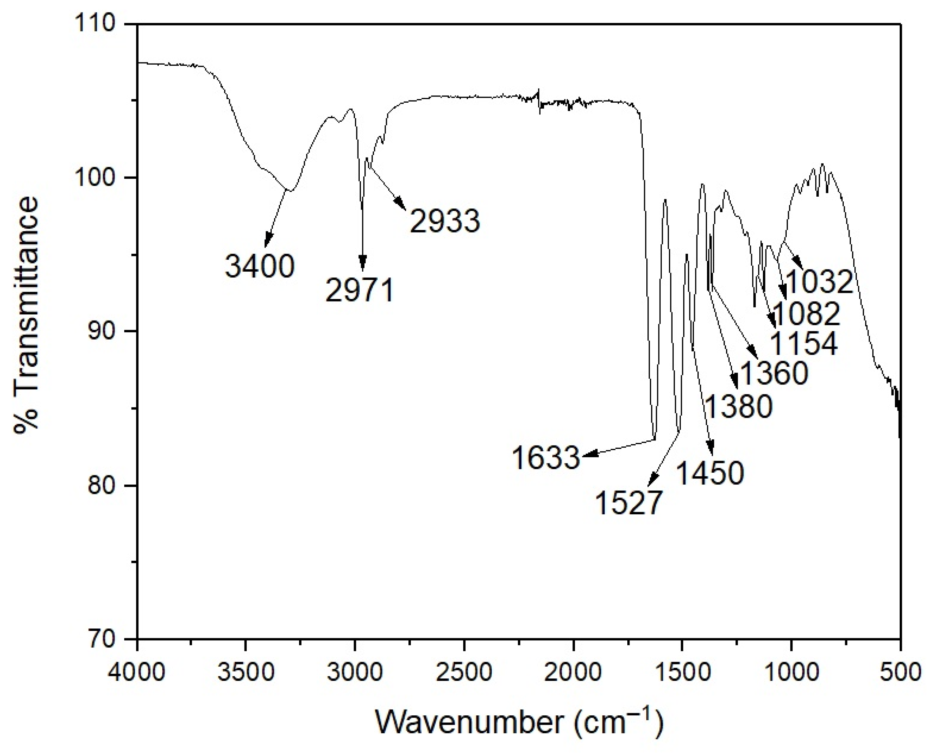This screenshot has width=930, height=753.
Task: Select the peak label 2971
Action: point(360,291)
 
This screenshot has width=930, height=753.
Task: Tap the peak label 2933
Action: point(445,221)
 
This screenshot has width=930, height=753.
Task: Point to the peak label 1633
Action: point(545,458)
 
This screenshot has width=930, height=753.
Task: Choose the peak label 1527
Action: point(629,503)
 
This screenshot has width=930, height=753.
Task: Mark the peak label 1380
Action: point(738,406)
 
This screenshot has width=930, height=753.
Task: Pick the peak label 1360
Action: point(774,373)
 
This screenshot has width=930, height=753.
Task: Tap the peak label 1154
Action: point(804,344)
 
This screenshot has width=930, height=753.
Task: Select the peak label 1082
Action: point(806,314)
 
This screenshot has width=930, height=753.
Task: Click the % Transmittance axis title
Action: point(26,314)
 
